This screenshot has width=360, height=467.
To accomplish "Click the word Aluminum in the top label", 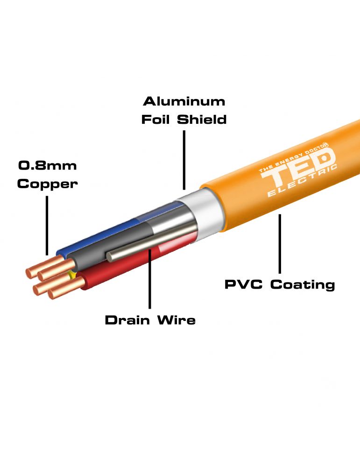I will (x=184, y=101).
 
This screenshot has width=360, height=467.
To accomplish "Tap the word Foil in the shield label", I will (x=155, y=120).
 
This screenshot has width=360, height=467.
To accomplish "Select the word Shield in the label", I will (x=202, y=120).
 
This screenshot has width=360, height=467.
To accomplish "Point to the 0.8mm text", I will (x=47, y=165).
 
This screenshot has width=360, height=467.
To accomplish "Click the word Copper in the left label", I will (x=47, y=184).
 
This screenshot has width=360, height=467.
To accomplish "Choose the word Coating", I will (x=303, y=284).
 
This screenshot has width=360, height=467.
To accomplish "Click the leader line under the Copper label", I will (x=47, y=224).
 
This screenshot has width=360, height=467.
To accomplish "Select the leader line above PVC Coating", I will (x=280, y=243).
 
